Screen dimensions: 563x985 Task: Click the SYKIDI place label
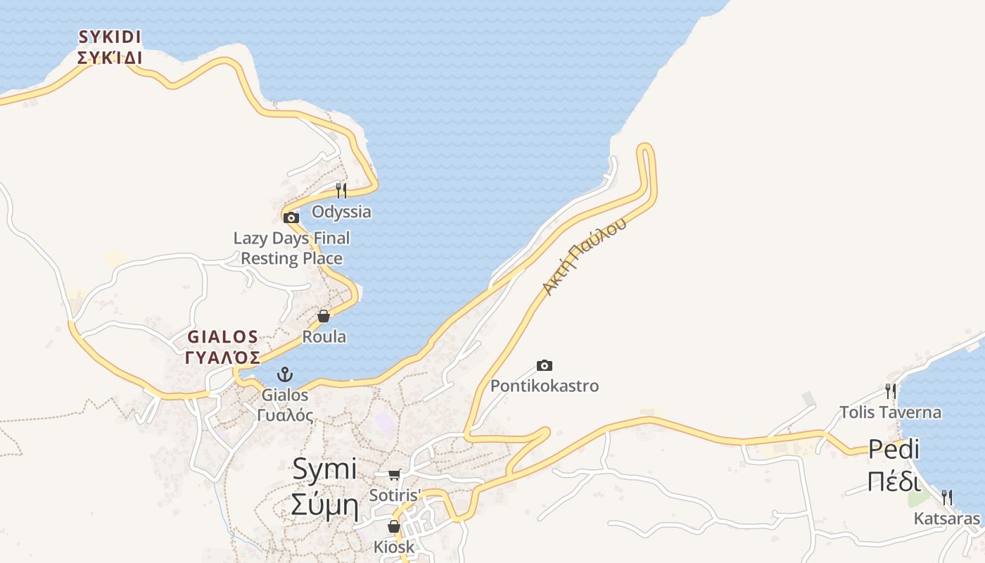110,47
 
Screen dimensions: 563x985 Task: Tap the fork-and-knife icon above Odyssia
341,190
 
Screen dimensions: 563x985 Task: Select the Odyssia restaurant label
341,212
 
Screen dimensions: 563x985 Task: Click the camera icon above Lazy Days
291,217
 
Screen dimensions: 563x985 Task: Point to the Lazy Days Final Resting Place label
291,248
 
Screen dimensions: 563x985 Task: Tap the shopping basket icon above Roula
324,316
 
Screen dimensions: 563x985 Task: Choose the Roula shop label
324,337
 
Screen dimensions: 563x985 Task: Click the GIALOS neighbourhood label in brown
223,347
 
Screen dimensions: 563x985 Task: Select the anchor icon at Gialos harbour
285,374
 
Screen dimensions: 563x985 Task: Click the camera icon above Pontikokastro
545,365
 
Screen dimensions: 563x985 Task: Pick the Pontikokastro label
545,386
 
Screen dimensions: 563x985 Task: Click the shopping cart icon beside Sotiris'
394,475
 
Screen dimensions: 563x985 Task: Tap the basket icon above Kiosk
394,526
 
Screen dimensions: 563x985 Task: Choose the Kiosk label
394,547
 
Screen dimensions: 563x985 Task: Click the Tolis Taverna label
890,412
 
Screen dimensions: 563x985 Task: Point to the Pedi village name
894,465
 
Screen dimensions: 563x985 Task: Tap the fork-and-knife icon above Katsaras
947,498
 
